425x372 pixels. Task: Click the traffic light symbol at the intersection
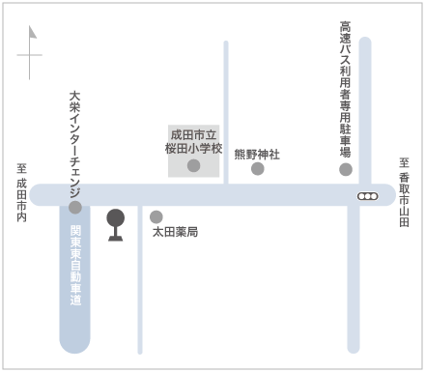click(368, 196)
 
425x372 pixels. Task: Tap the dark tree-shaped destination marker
click(116, 225)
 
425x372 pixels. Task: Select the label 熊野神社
click(257, 155)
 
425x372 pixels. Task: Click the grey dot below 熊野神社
click(258, 168)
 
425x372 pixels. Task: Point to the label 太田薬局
click(175, 232)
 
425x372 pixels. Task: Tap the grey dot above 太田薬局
click(156, 217)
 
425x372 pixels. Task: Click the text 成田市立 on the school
click(193, 134)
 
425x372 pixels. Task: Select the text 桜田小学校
click(193, 148)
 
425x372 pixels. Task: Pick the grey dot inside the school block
click(194, 165)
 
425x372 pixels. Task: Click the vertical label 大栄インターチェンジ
click(74, 145)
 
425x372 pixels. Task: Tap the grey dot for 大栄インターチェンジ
click(75, 208)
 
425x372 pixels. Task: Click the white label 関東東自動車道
click(75, 265)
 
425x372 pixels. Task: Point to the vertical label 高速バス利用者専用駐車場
click(346, 89)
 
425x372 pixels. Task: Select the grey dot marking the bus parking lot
click(346, 169)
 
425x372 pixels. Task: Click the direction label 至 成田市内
click(21, 192)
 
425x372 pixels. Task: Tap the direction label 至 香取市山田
click(404, 192)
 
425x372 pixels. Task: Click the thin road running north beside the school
click(226, 113)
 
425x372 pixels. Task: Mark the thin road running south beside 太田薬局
click(140, 279)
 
